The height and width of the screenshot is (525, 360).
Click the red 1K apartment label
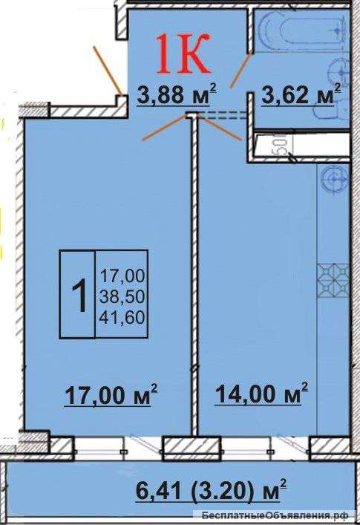pyautogui.click(x=183, y=53)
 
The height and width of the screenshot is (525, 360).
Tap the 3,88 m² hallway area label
pyautogui.click(x=177, y=95)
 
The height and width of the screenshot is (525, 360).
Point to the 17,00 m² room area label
pyautogui.click(x=111, y=395)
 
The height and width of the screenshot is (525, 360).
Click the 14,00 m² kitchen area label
pyautogui.click(x=261, y=394)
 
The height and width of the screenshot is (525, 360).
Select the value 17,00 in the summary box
pyautogui.click(x=122, y=276)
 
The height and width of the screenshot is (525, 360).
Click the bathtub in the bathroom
pyautogui.click(x=299, y=30)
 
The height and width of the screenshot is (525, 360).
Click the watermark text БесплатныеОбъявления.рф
pyautogui.click(x=275, y=515)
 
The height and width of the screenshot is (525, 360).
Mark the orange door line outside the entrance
pyautogui.click(x=107, y=71)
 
